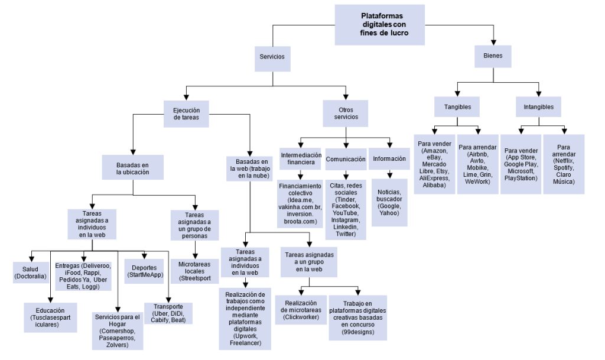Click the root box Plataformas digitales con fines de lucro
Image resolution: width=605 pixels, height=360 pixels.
pyautogui.click(x=380, y=25)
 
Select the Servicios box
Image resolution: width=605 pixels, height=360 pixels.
pyautogui.click(x=272, y=59)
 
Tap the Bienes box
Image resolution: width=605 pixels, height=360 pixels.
pyautogui.click(x=493, y=56)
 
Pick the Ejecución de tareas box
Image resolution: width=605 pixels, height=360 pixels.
pyautogui.click(x=186, y=114)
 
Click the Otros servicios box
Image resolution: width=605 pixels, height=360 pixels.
pyautogui.click(x=345, y=113)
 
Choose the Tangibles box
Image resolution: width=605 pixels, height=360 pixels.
pyautogui.click(x=457, y=106)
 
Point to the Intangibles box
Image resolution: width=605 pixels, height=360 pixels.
pyautogui.click(x=538, y=106)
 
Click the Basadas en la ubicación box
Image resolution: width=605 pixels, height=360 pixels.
pyautogui.click(x=133, y=167)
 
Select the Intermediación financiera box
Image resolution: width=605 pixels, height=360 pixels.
pyautogui.click(x=301, y=158)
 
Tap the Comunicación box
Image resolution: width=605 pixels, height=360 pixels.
pyautogui.click(x=346, y=159)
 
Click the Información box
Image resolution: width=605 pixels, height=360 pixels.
pyautogui.click(x=389, y=158)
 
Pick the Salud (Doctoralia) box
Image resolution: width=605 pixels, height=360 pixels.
pyautogui.click(x=31, y=273)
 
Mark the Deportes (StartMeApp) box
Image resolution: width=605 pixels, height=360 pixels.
pyautogui.click(x=144, y=271)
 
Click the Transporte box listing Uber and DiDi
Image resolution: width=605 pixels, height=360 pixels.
pyautogui.click(x=168, y=313)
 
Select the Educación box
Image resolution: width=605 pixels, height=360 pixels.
pyautogui.click(x=51, y=317)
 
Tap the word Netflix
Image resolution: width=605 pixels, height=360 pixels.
pyautogui.click(x=564, y=161)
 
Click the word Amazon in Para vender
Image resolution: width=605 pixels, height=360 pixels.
pyautogui.click(x=434, y=151)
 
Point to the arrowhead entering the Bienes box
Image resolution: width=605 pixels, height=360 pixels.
pyautogui.click(x=493, y=43)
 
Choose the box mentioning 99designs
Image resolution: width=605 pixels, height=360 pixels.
pyautogui.click(x=357, y=318)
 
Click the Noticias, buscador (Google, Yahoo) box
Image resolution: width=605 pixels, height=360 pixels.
pyautogui.click(x=389, y=203)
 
